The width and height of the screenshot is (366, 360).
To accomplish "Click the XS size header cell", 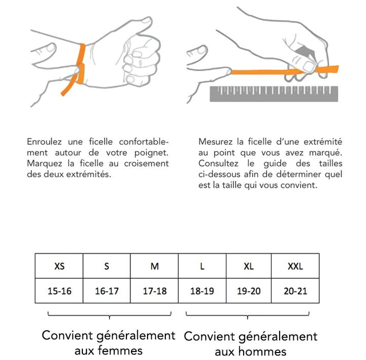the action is tap(59, 266).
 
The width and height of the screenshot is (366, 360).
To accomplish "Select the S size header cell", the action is tap(107, 266).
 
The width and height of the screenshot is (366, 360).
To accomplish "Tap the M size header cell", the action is tap(154, 266).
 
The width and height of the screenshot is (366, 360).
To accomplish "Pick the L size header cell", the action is tap(202, 266).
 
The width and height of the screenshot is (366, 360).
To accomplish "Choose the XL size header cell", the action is tap(249, 266).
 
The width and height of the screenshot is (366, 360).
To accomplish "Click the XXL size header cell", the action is tap(295, 266).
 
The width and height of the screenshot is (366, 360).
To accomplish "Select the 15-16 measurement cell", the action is tap(59, 291).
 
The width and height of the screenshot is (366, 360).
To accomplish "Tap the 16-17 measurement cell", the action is tap(107, 291).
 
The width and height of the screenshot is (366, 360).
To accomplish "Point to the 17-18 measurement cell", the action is tap(154, 291).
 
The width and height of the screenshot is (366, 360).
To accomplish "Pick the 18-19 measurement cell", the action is tap(202, 291).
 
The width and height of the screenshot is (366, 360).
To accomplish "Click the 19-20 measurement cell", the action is tap(249, 291).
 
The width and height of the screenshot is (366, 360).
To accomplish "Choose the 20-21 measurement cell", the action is tap(295, 291).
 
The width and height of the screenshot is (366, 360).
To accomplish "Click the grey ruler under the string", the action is tap(274, 94).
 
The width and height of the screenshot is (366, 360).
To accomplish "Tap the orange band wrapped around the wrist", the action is tap(81, 64).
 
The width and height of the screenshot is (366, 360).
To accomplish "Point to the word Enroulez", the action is tap(45, 141).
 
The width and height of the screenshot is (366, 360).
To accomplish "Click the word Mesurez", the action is tap(215, 141).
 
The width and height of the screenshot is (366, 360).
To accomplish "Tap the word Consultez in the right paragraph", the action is tap(218, 163).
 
